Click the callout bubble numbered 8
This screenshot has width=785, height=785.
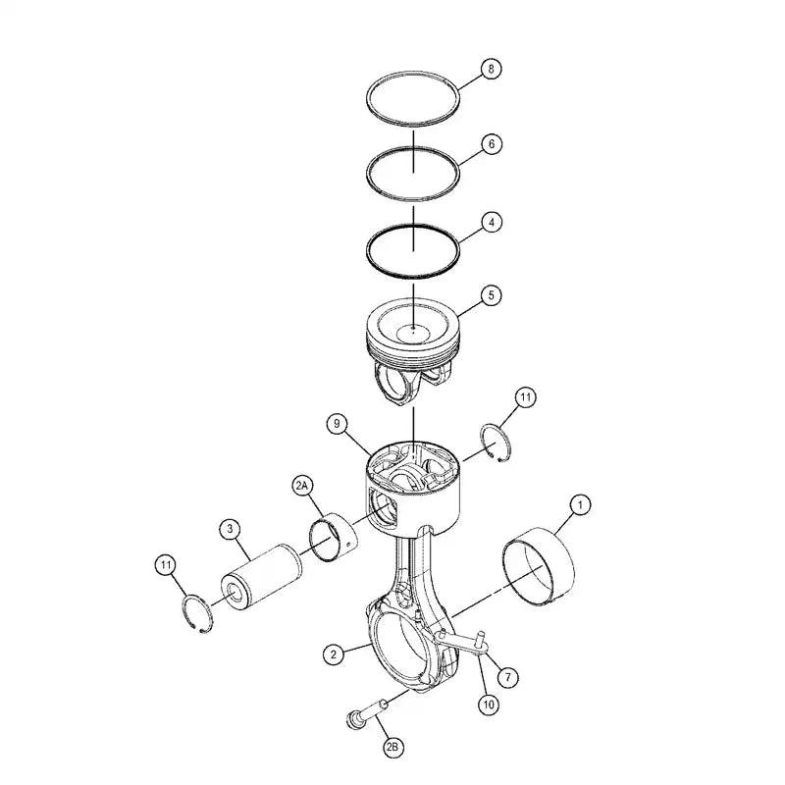point(492,70)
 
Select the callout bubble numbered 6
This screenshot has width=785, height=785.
point(492,143)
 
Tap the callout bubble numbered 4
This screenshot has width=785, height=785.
point(492,222)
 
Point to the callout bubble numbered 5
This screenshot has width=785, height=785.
point(492,293)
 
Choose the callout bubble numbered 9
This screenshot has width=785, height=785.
point(337,424)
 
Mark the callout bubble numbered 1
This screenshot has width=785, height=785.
point(581,505)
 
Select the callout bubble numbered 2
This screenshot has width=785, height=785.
point(336,653)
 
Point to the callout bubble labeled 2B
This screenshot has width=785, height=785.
point(392,749)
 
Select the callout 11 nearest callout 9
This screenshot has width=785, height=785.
point(526,397)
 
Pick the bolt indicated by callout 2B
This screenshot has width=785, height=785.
point(361,715)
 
